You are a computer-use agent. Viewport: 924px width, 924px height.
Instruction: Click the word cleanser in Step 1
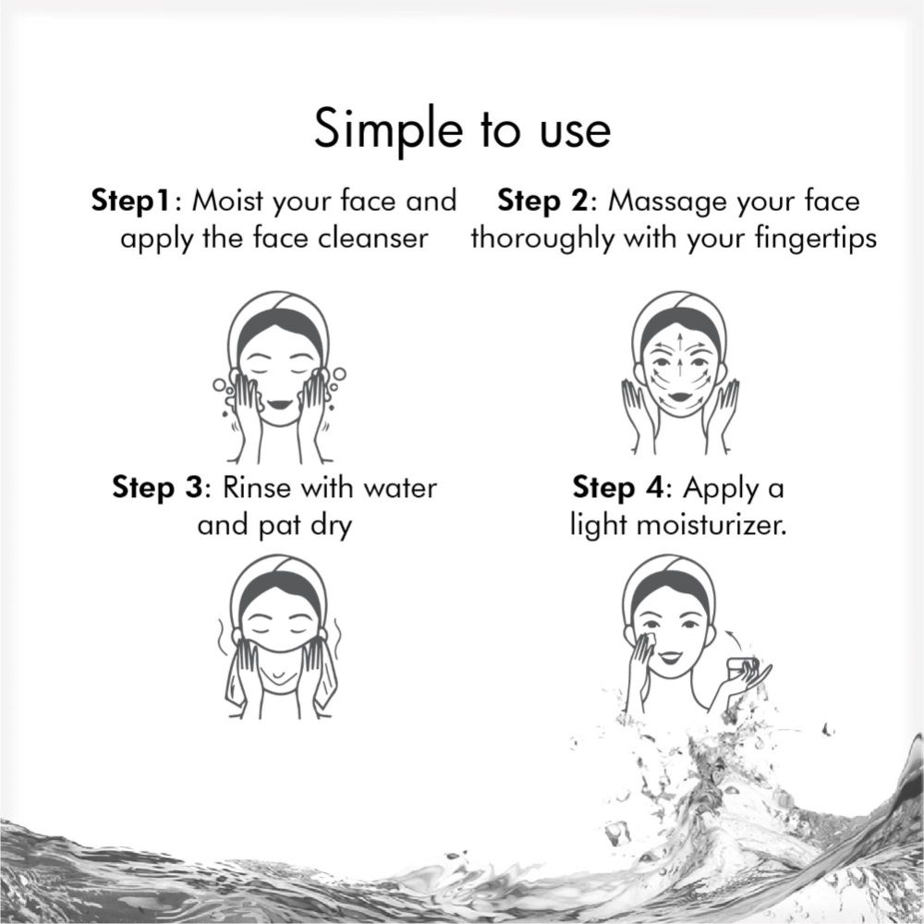tap(372, 238)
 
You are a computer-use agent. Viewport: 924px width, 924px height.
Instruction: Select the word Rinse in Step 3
tap(257, 488)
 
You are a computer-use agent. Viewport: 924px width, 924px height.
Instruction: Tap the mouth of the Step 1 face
tap(279, 406)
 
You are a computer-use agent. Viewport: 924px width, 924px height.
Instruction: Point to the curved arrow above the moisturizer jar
tap(732, 638)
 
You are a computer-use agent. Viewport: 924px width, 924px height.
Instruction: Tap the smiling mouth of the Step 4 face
tap(668, 655)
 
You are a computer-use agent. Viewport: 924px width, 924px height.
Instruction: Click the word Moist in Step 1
tap(227, 201)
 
